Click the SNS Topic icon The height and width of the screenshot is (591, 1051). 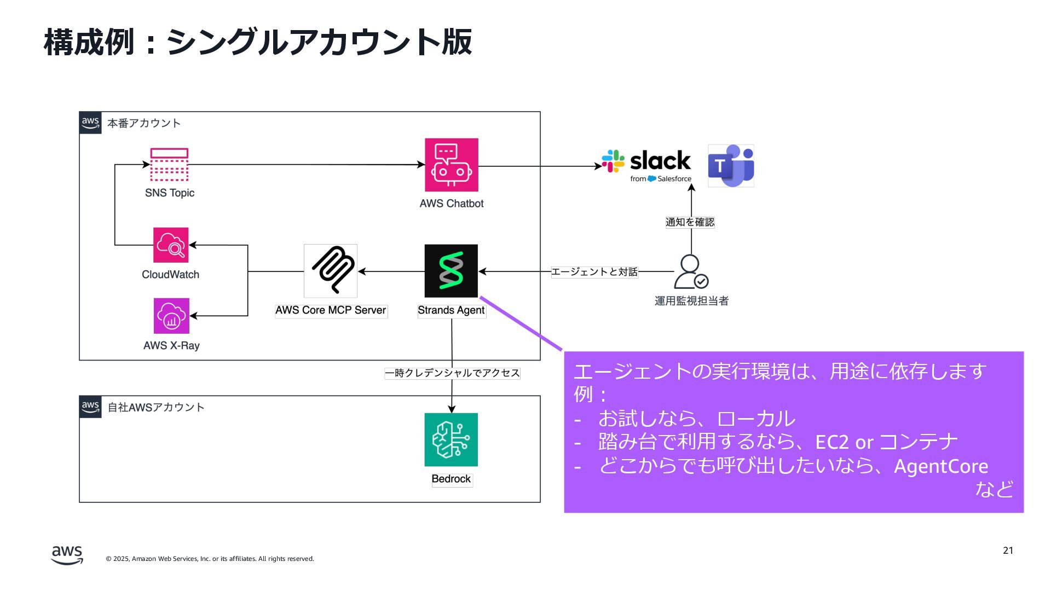(169, 165)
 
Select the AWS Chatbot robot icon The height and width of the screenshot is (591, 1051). (452, 165)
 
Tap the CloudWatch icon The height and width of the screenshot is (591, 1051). (171, 245)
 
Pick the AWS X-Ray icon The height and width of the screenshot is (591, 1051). (171, 316)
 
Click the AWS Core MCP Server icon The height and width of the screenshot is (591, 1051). (331, 271)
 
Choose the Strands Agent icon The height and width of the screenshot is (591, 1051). (451, 271)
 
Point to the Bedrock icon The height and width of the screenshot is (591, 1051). (451, 440)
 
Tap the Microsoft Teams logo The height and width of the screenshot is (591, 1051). (731, 166)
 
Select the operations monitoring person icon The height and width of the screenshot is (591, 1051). (691, 272)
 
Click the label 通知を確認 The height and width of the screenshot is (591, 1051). (690, 222)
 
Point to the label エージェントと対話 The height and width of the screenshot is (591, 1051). (594, 272)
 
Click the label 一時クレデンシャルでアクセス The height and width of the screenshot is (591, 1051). (452, 373)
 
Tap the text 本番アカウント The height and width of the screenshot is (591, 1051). (144, 124)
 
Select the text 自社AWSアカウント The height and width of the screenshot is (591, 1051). (156, 408)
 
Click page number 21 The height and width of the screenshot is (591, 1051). (1008, 551)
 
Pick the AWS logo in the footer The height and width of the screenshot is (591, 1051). (67, 555)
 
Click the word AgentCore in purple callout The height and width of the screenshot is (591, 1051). (941, 466)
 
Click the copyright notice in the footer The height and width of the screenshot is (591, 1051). (210, 559)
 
